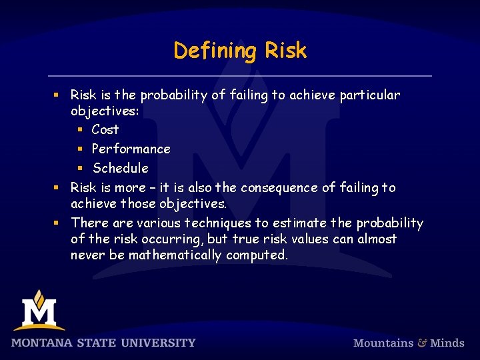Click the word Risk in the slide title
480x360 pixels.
point(285,51)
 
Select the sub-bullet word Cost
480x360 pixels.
point(105,129)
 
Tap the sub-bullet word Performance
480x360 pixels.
point(131,149)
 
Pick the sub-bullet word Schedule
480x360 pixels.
point(121,168)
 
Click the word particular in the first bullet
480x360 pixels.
point(370,95)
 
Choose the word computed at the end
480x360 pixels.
point(257,255)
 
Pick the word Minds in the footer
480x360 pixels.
point(447,343)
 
